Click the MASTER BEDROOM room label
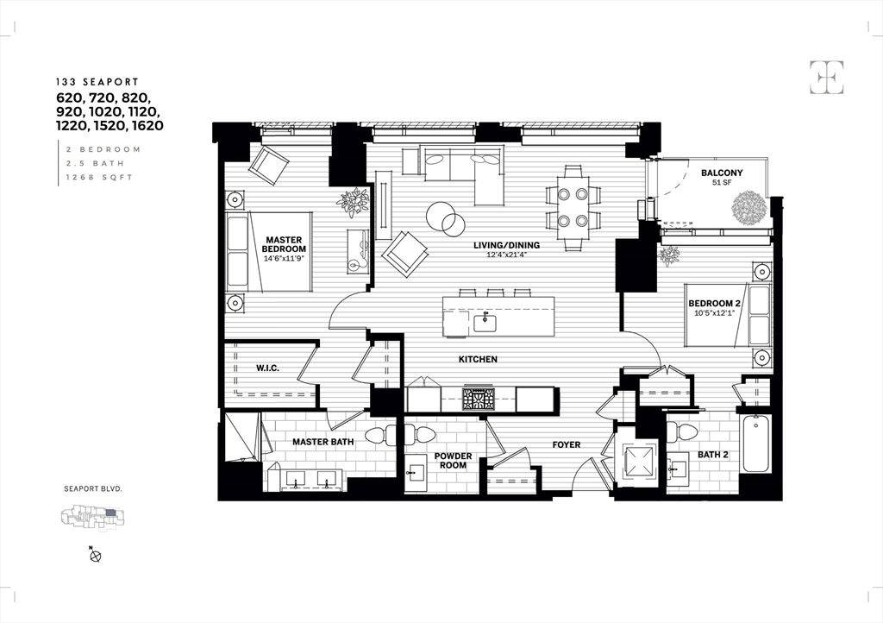coord(284,245)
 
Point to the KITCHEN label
coord(477,359)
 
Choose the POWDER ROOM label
coord(452,460)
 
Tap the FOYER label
coord(567,445)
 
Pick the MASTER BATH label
coord(323,442)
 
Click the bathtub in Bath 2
coord(756,444)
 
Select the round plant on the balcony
coord(747,207)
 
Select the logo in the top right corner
coord(826,78)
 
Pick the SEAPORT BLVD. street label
coord(93,488)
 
